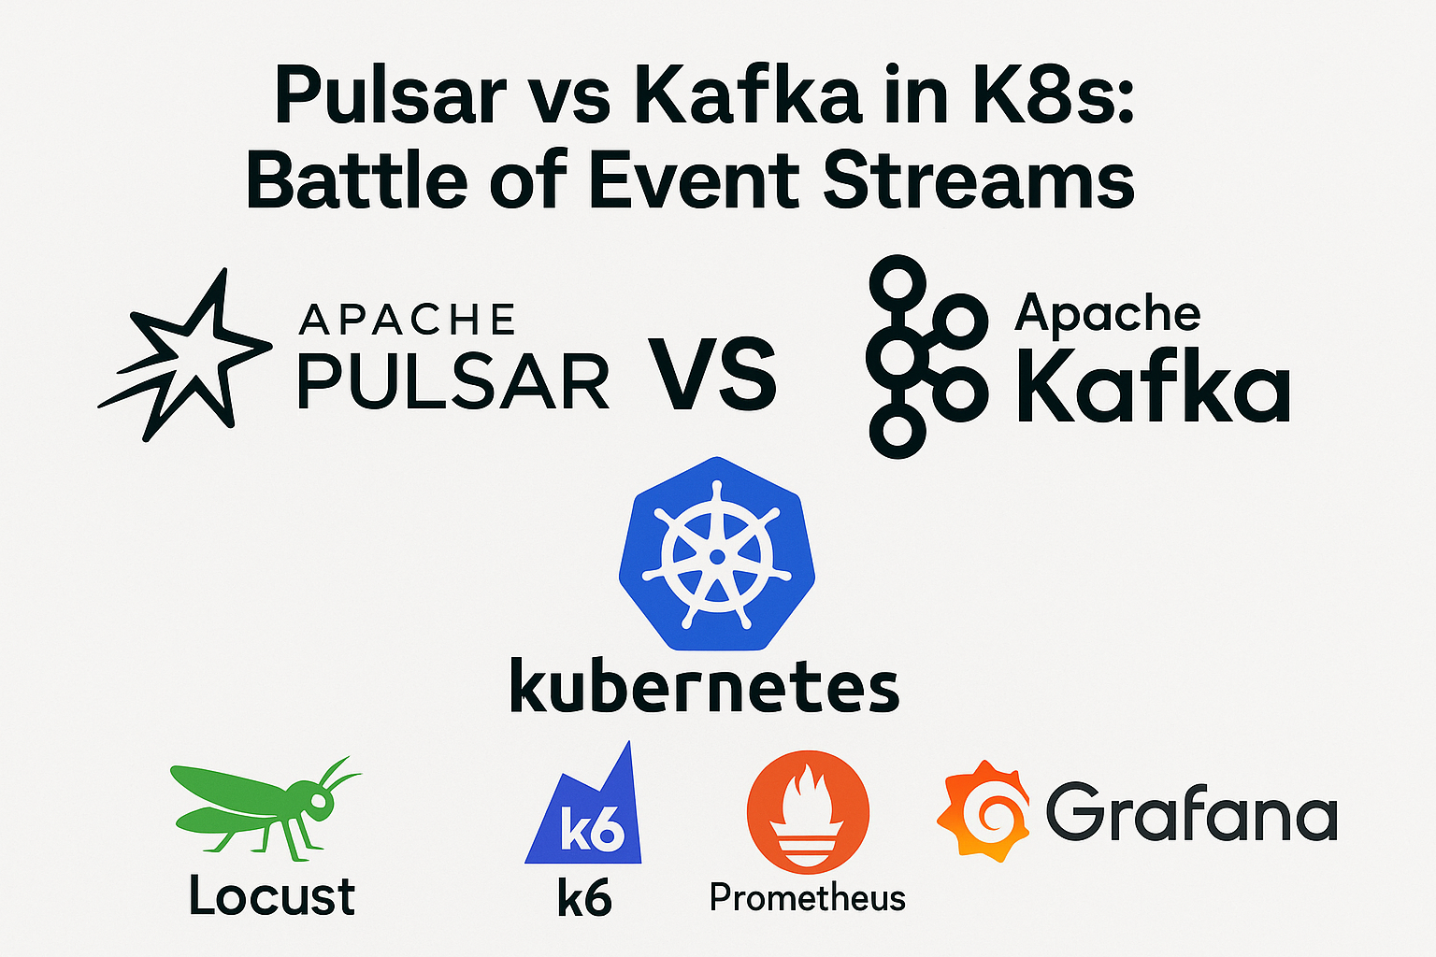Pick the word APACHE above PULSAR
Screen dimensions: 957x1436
(407, 321)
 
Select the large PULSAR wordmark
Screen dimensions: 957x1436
(453, 382)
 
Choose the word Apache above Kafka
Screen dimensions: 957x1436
(1108, 312)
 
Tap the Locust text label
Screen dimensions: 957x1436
(272, 895)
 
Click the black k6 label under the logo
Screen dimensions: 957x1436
(584, 899)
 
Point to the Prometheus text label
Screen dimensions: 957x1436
(808, 897)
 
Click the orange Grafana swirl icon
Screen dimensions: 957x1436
(983, 809)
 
